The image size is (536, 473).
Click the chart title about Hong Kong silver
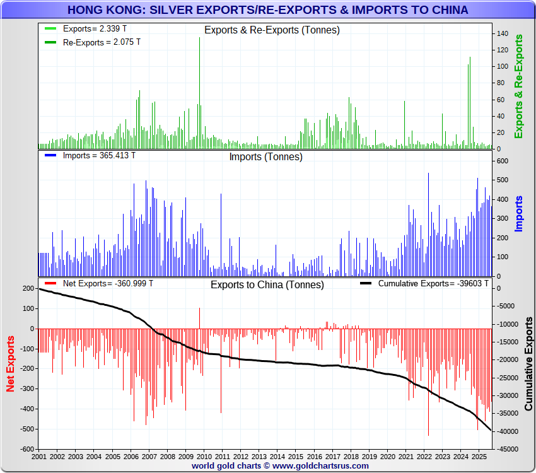pos(267,10)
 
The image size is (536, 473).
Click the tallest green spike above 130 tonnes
pos(200,39)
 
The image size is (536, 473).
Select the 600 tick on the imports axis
pos(503,161)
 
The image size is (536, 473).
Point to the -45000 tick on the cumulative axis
pos(507,450)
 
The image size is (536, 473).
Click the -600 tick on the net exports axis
pos(26,450)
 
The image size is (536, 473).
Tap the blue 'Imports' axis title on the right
pos(519,213)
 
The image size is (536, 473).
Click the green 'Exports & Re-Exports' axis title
pos(519,86)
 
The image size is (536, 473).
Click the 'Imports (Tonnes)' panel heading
pos(265,157)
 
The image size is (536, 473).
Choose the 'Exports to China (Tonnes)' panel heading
pos(267,284)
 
